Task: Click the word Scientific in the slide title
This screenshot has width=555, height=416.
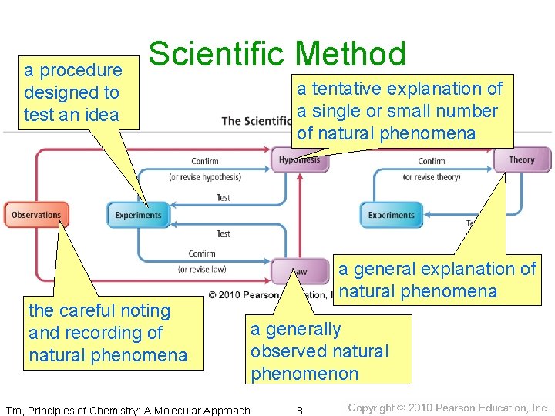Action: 218,55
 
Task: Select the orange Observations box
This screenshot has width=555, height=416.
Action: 36,215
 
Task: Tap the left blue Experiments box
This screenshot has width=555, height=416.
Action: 138,215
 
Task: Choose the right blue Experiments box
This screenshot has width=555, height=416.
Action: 392,215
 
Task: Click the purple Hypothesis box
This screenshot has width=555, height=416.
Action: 299,160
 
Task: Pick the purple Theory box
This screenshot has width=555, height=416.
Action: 522,159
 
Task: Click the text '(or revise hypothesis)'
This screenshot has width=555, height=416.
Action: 204,177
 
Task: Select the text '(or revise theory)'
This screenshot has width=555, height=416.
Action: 432,177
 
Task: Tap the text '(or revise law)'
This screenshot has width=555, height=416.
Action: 201,269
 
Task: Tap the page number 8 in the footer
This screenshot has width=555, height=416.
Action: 300,410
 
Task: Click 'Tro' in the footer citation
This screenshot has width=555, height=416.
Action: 13,410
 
